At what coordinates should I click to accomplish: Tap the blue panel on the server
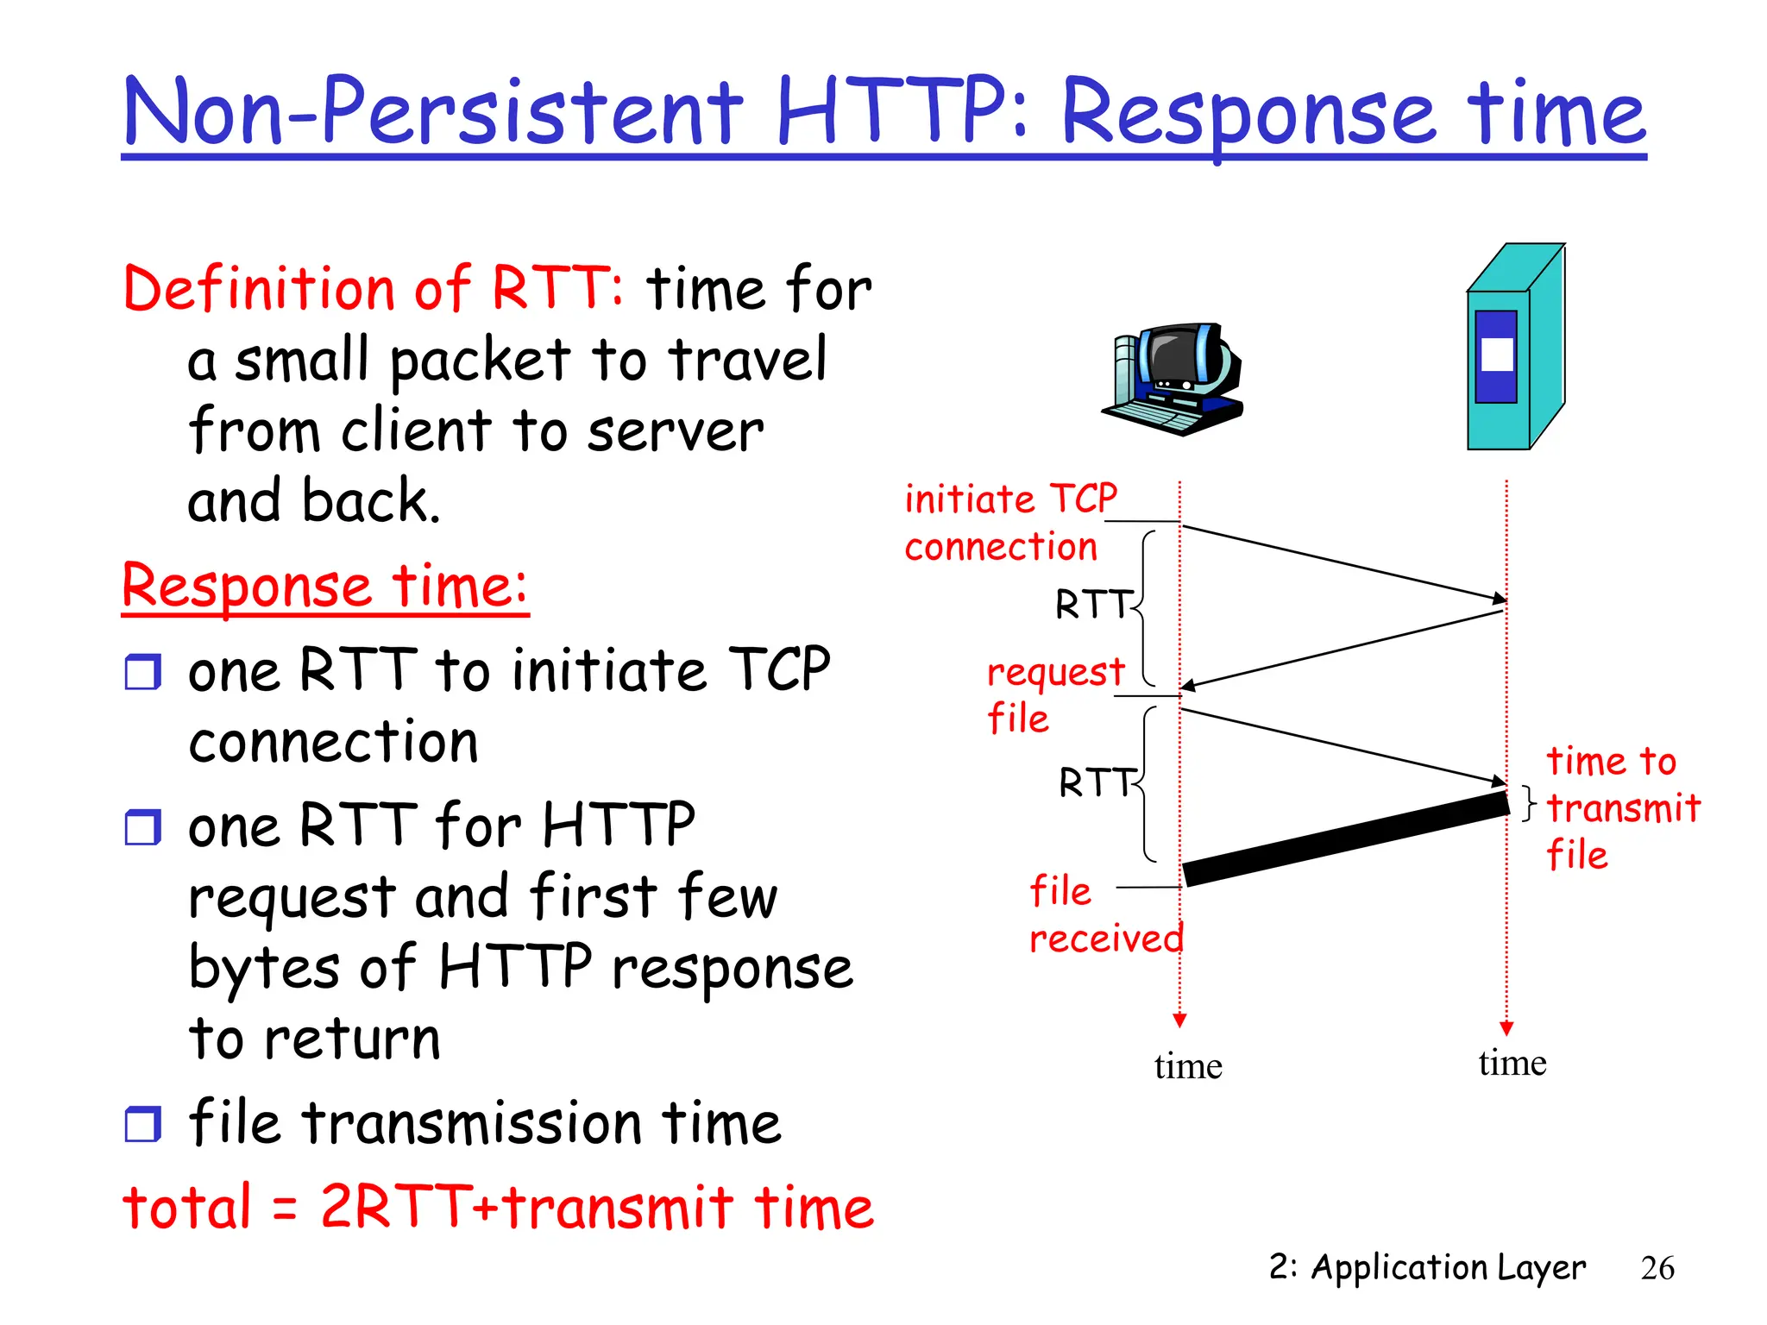pyautogui.click(x=1496, y=356)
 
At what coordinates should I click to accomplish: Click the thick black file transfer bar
pyautogui.click(x=1346, y=839)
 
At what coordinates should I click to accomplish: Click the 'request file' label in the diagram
pyautogui.click(x=1054, y=694)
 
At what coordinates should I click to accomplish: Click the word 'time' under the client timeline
pyautogui.click(x=1187, y=1067)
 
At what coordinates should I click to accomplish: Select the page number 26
pyautogui.click(x=1657, y=1268)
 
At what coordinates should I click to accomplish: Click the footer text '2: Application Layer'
pyautogui.click(x=1426, y=1267)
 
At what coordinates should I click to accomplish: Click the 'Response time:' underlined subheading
pyautogui.click(x=324, y=587)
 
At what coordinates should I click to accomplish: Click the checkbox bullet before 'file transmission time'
pyautogui.click(x=142, y=1125)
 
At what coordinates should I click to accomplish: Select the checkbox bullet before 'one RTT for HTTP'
pyautogui.click(x=142, y=827)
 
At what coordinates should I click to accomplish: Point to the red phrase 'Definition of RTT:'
pyautogui.click(x=373, y=288)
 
